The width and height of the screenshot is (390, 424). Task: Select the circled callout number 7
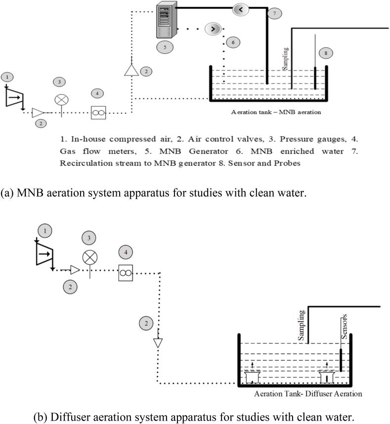pyautogui.click(x=274, y=14)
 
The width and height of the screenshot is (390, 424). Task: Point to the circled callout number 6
pyautogui.click(x=234, y=42)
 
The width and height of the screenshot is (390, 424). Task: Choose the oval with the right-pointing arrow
pyautogui.click(x=213, y=29)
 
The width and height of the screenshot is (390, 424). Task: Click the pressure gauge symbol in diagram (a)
pyautogui.click(x=61, y=100)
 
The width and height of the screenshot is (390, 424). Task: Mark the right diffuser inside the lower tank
pyautogui.click(x=327, y=377)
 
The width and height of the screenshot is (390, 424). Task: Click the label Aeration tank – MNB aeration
pyautogui.click(x=276, y=112)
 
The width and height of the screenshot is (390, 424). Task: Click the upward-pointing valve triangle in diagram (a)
pyautogui.click(x=131, y=70)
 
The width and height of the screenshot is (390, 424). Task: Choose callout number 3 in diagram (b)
pyautogui.click(x=89, y=237)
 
